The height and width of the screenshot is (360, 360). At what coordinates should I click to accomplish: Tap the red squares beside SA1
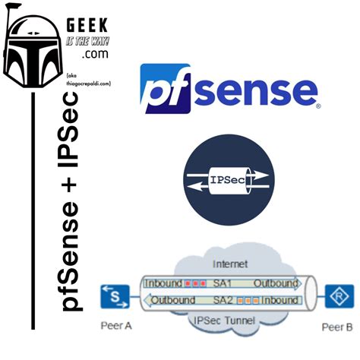197,283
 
